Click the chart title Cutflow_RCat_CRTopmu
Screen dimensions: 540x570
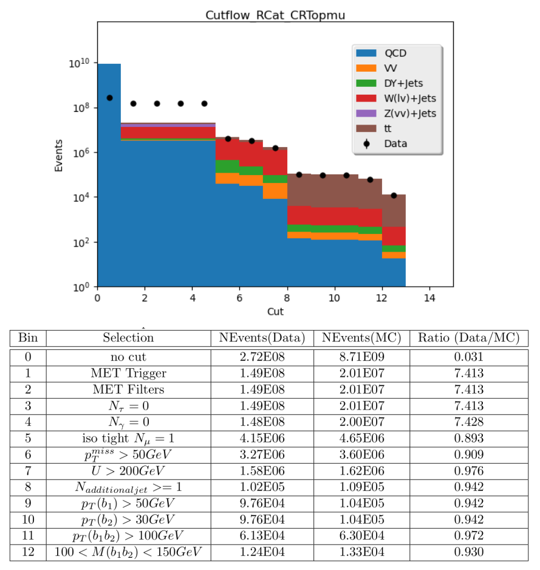click(275, 15)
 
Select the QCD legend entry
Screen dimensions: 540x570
click(381, 53)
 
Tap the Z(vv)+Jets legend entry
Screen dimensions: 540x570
click(395, 114)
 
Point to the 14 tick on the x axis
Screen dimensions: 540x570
click(429, 298)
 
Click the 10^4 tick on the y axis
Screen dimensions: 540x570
click(81, 197)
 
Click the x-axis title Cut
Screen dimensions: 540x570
click(275, 312)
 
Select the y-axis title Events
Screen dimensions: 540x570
click(58, 156)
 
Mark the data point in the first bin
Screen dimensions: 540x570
click(109, 98)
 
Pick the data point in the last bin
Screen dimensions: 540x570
click(394, 196)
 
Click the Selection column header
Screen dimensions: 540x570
click(128, 338)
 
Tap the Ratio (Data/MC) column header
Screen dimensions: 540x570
click(469, 338)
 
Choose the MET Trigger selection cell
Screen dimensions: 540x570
click(128, 373)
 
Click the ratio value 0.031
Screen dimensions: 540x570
click(469, 357)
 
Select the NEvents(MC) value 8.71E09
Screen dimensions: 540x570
click(361, 357)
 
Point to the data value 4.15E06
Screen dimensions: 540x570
click(262, 438)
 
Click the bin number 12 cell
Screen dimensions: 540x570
click(28, 552)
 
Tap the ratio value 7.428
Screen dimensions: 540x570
click(469, 422)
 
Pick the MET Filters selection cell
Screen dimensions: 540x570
click(128, 390)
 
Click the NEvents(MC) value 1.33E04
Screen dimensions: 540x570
click(361, 552)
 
